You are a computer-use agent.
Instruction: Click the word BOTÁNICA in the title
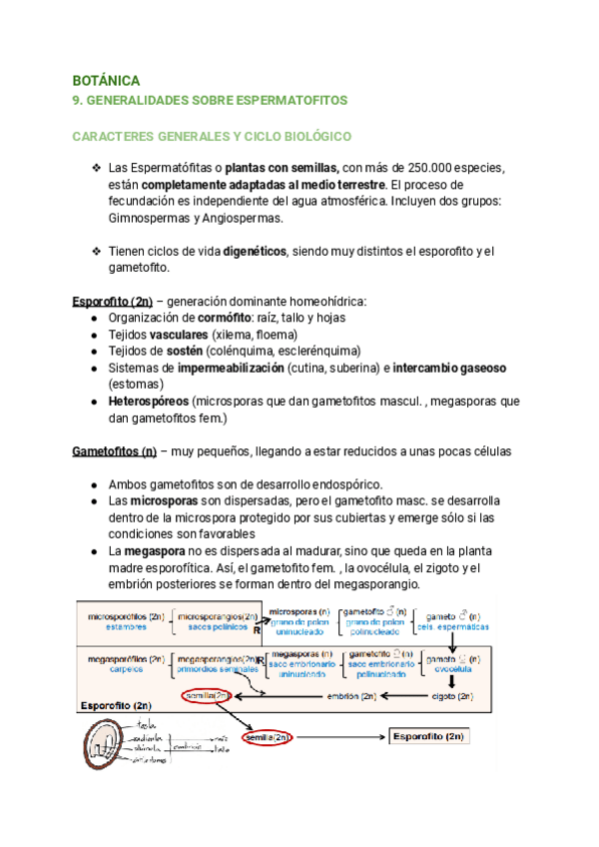click(x=107, y=79)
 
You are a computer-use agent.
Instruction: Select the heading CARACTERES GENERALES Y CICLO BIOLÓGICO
click(x=212, y=135)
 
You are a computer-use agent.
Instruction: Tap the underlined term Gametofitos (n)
click(x=114, y=450)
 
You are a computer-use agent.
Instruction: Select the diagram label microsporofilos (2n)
click(x=126, y=616)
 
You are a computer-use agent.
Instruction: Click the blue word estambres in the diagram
click(x=113, y=628)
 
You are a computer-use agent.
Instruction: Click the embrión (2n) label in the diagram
click(x=352, y=695)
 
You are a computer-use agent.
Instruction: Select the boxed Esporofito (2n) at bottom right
click(x=428, y=736)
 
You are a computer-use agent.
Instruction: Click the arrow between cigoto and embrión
click(x=405, y=695)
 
